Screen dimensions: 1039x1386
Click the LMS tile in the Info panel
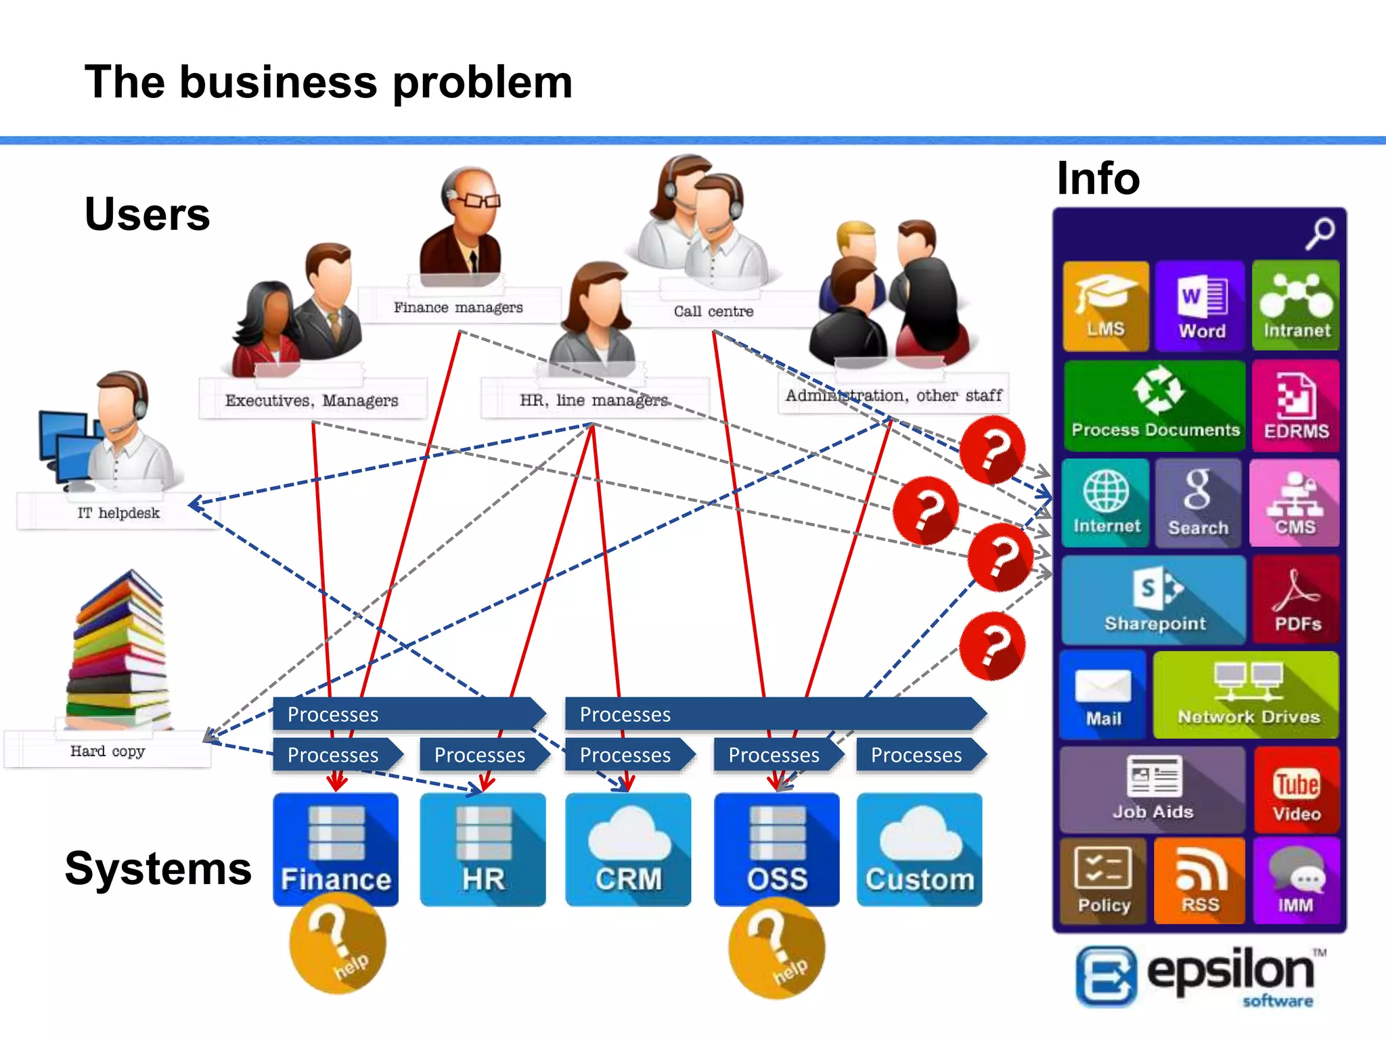tap(1105, 306)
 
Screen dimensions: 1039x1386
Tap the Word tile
tap(1201, 306)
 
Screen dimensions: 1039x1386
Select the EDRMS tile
tap(1295, 406)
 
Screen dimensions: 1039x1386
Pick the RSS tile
tap(1199, 881)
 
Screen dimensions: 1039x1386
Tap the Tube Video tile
tap(1296, 790)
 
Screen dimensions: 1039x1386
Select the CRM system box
tap(628, 850)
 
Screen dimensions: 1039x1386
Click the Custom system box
tap(919, 850)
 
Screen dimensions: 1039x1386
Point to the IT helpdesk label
tap(118, 513)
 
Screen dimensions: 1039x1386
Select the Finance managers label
tap(458, 307)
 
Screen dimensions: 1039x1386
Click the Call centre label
tap(713, 311)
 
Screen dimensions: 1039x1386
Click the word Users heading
tap(147, 214)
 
